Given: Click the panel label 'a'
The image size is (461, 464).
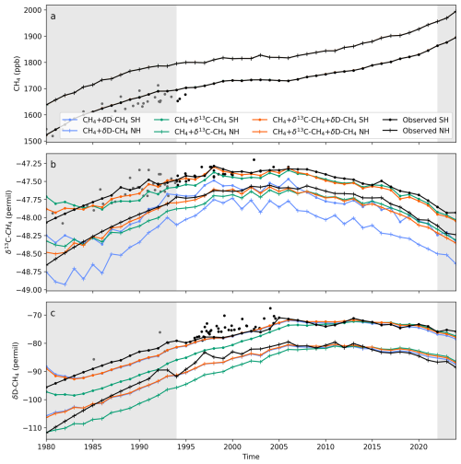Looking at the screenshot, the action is click(x=53, y=17).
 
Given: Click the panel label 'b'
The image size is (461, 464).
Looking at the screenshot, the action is click(x=53, y=164).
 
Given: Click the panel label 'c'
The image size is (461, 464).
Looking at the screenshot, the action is click(x=53, y=313).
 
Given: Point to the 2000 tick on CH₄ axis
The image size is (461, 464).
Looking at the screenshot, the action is click(x=32, y=10).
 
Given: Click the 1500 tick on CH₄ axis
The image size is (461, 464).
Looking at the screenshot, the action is click(x=32, y=141).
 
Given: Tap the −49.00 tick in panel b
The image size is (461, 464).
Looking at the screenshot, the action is click(x=29, y=290).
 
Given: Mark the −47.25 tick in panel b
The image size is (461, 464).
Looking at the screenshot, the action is click(x=29, y=164).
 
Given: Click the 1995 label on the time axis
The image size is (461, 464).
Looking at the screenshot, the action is click(x=186, y=447).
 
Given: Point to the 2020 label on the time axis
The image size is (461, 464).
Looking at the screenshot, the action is click(x=419, y=447).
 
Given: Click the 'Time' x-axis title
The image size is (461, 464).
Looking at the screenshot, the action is click(x=251, y=457).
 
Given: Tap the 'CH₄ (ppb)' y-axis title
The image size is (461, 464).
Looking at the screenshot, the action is click(x=17, y=74).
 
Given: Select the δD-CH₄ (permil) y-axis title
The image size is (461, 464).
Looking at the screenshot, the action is click(x=16, y=371).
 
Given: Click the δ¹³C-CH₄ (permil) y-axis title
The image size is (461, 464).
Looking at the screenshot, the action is click(x=9, y=222).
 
